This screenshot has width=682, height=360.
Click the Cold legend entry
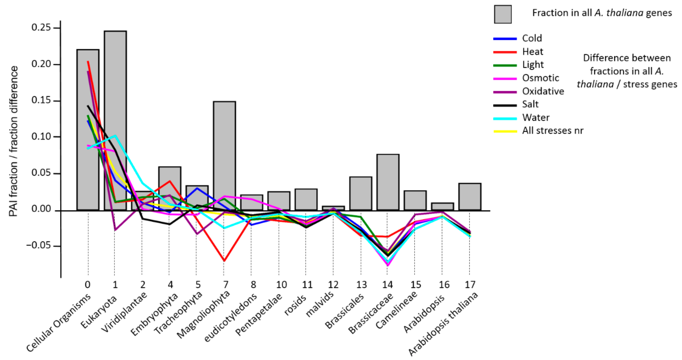pos(532,38)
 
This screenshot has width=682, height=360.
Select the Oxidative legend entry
pos(543,91)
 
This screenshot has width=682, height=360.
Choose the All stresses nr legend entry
pos(552,131)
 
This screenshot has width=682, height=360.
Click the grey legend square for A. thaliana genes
pos(503,14)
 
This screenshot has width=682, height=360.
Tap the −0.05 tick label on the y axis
pos(38,245)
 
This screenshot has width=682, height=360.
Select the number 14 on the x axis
pos(387,285)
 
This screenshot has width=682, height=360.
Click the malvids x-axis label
pos(320,304)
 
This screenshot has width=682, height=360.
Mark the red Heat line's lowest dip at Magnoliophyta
pos(224,261)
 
